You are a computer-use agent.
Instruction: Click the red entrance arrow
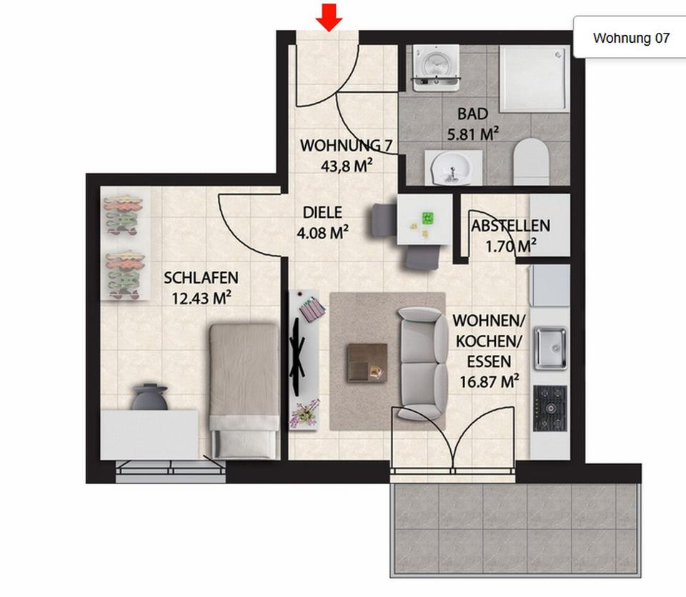329,16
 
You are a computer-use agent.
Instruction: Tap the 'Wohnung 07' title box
632,39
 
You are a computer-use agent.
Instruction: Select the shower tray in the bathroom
534,79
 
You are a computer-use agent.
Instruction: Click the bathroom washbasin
449,167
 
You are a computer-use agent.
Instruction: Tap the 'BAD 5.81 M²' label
472,122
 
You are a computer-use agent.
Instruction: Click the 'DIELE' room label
322,213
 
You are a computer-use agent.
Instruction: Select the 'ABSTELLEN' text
510,226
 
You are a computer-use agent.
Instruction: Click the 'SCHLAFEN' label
201,278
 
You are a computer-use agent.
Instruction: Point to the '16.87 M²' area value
489,382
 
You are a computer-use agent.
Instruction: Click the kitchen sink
550,348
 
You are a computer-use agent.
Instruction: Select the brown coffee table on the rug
367,362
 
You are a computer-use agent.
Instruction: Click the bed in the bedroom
244,390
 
